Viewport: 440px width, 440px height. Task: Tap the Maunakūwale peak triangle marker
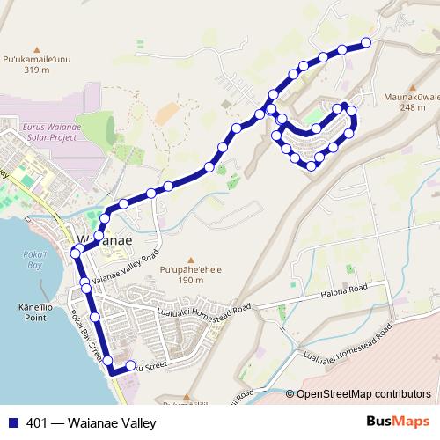pyautogui.click(x=406, y=86)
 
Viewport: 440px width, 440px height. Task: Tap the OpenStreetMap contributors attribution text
pyautogui.click(x=363, y=394)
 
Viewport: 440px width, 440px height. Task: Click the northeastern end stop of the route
pyautogui.click(x=366, y=42)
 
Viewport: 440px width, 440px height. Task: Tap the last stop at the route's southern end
pyautogui.click(x=131, y=366)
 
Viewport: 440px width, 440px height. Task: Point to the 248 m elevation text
pyautogui.click(x=406, y=107)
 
